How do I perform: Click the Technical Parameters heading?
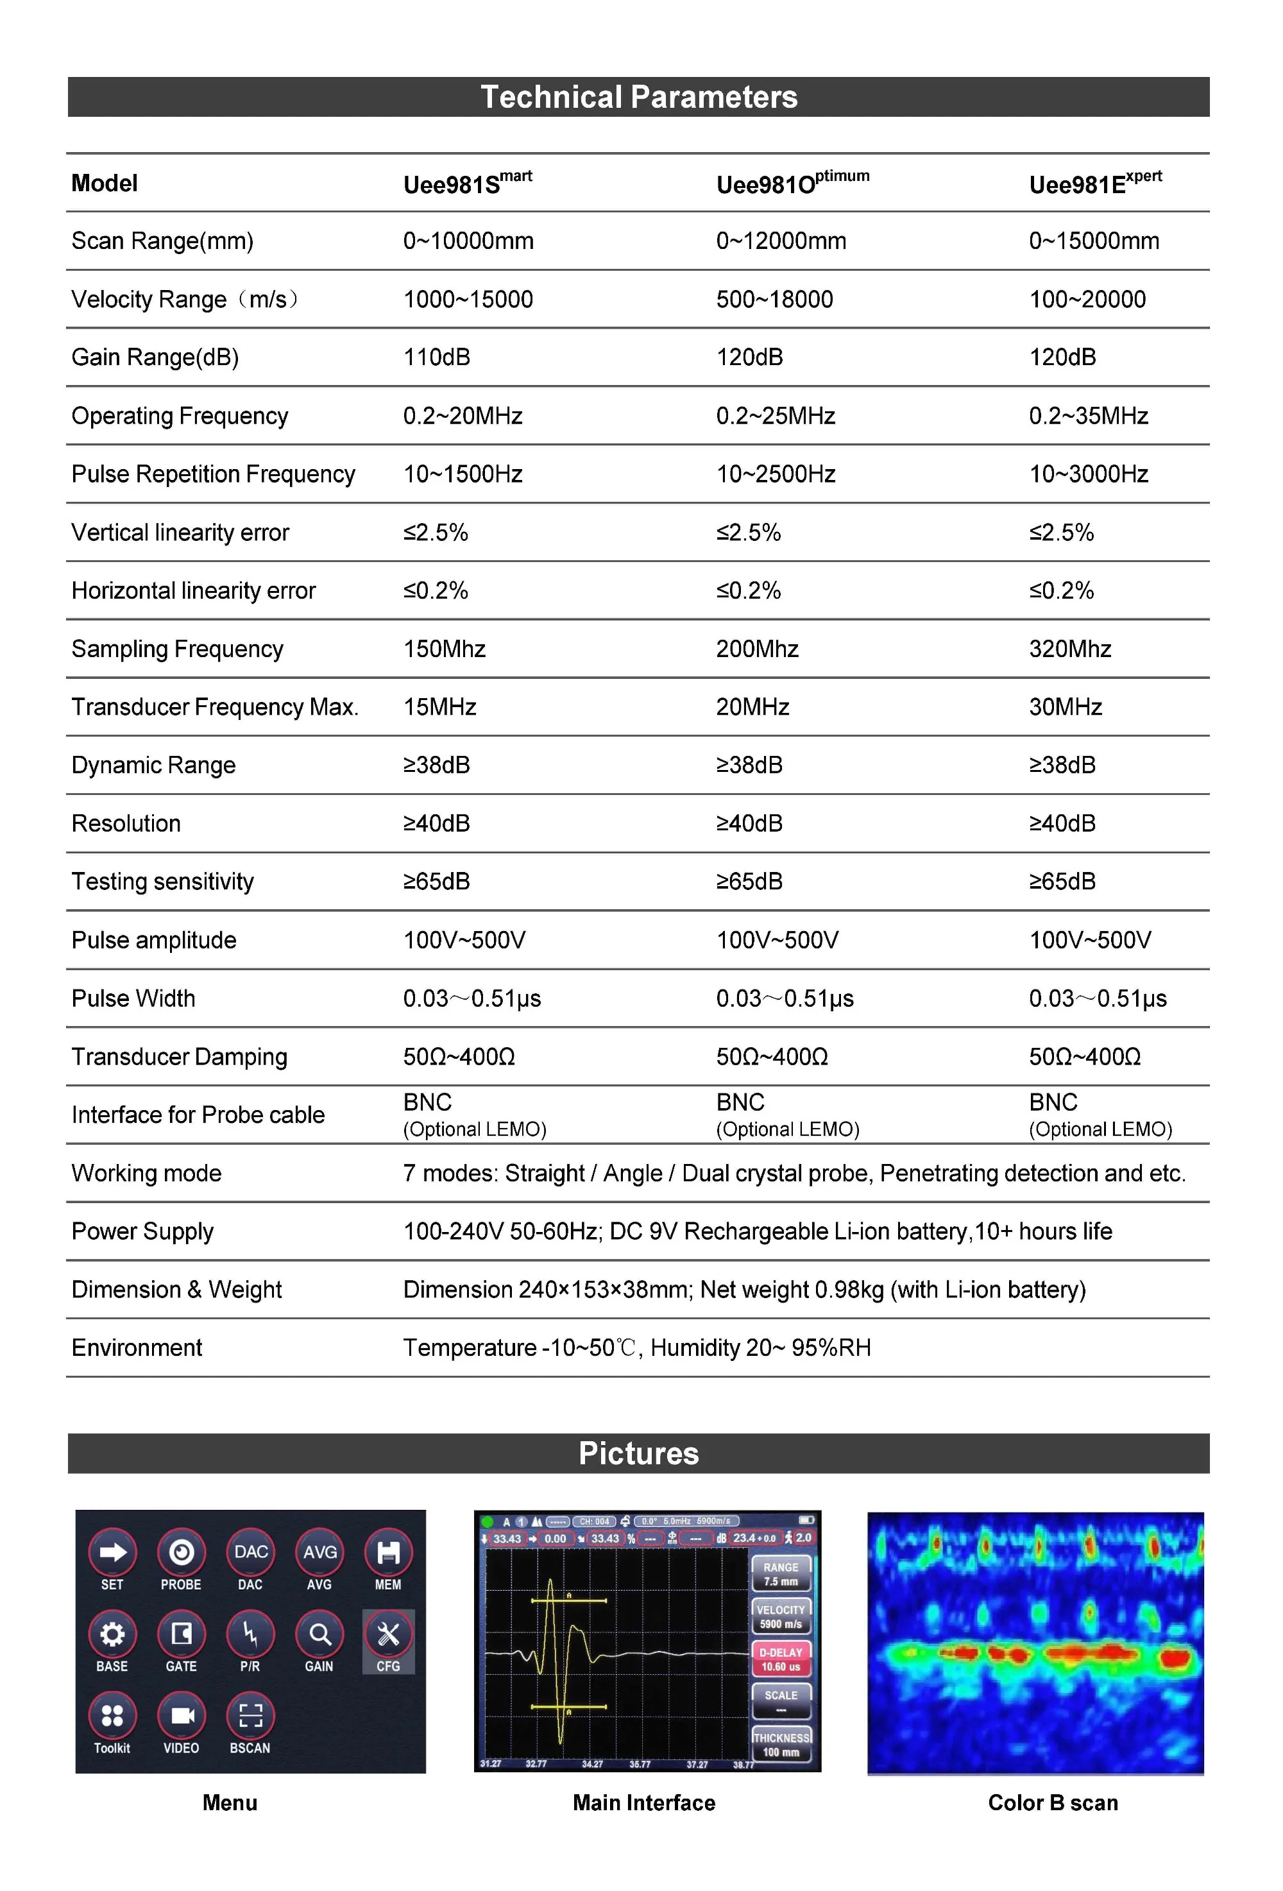point(639,97)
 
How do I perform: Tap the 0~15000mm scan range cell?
point(1094,241)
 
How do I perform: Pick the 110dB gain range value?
point(437,357)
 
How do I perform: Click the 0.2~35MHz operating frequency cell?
point(1088,416)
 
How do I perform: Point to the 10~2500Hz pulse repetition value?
point(776,474)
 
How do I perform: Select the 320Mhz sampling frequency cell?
point(1070,649)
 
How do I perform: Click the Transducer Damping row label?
point(179,1056)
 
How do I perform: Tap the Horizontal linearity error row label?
point(193,591)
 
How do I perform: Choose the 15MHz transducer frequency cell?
point(439,707)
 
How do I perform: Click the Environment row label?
point(137,1348)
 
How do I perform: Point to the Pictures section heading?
point(639,1453)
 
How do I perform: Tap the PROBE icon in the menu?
point(181,1552)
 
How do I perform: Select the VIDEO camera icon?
point(182,1716)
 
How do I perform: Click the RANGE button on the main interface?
point(780,1573)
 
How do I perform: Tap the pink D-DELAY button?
point(780,1659)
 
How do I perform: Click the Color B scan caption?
point(1053,1802)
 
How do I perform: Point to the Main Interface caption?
point(643,1802)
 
